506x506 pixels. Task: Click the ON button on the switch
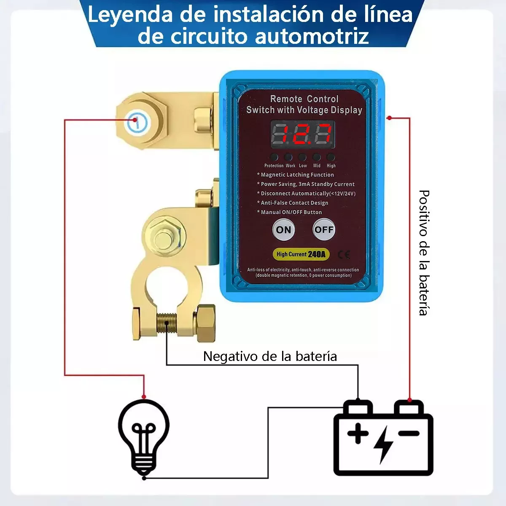tap(283, 230)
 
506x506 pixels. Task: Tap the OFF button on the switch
tap(324, 230)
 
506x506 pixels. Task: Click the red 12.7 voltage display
tap(302, 135)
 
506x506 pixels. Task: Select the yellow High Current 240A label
tap(301, 254)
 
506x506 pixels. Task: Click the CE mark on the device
tap(344, 254)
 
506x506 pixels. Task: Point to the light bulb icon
tap(144, 436)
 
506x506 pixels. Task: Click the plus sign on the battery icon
tap(358, 433)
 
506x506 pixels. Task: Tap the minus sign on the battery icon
tap(409, 433)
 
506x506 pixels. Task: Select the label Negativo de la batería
tap(270, 356)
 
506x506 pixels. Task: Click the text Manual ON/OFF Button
tap(291, 212)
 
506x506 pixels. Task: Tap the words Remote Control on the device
tap(304, 99)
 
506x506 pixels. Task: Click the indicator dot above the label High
tap(331, 157)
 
